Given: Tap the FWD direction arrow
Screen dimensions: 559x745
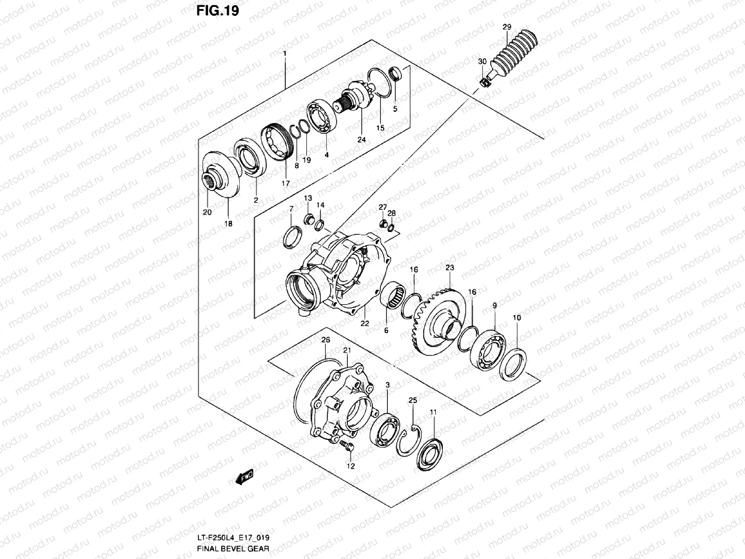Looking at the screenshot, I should coord(244,476).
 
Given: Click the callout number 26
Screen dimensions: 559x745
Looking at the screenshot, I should coord(325,340).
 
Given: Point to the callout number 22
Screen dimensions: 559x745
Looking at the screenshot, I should coord(364,323).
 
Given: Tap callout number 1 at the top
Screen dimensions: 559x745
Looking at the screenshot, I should coord(285,54).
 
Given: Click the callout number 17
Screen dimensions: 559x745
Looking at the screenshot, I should coord(285,184).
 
